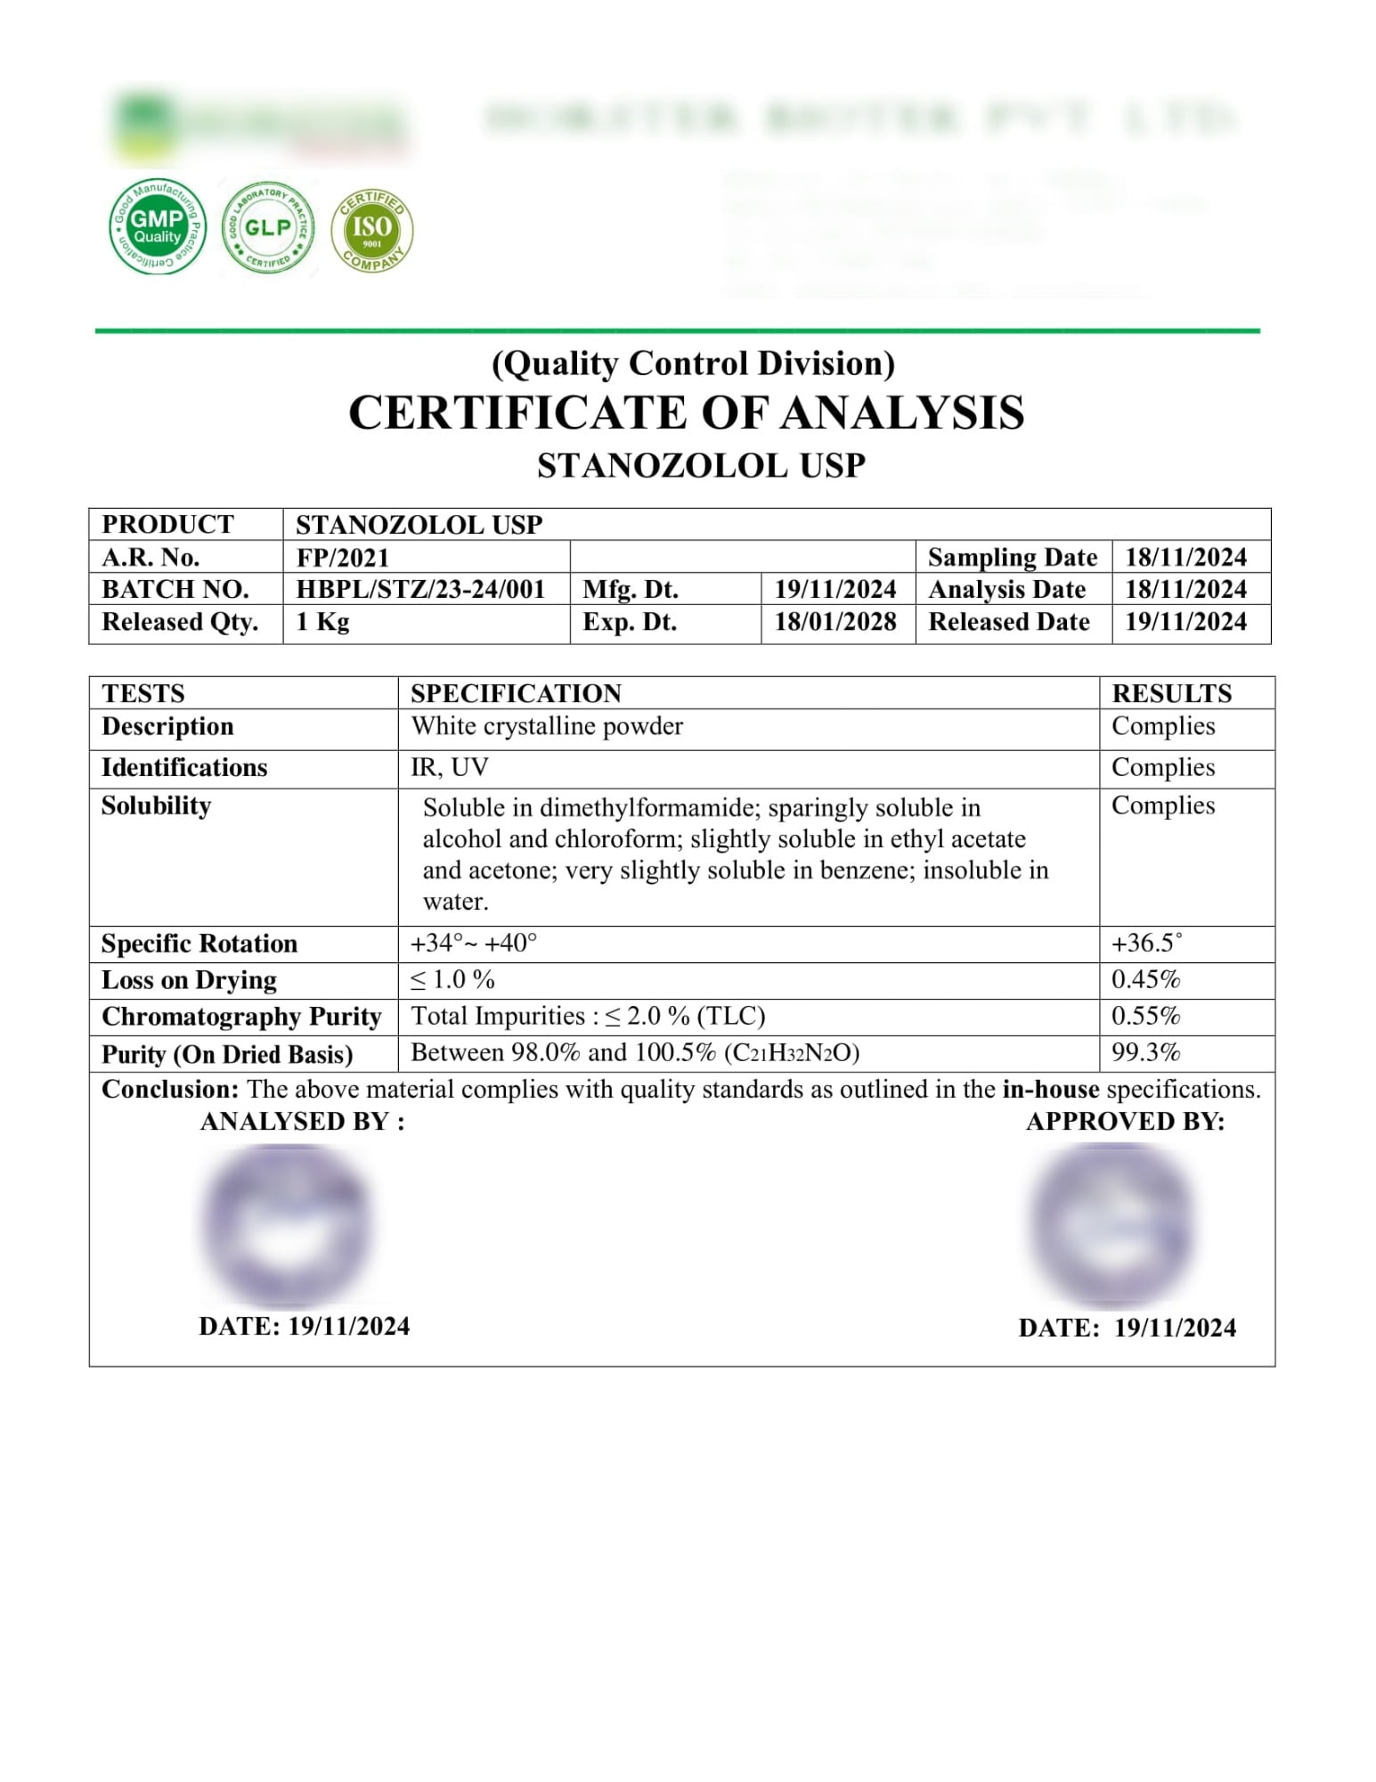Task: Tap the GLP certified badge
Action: tap(268, 227)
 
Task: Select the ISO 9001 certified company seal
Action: tap(372, 230)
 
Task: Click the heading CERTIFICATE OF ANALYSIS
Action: tap(686, 413)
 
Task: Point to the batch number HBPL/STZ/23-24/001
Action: tap(420, 590)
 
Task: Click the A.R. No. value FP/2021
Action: tap(343, 558)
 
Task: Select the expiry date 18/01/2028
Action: tap(835, 622)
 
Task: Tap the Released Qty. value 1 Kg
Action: tap(322, 622)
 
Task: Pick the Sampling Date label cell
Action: tap(1013, 558)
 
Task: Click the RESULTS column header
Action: tap(1171, 693)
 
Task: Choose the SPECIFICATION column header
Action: tap(516, 693)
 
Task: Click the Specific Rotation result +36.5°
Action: tap(1147, 943)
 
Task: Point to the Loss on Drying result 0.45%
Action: tap(1145, 979)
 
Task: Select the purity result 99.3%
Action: tap(1145, 1052)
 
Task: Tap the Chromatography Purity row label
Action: tap(241, 1017)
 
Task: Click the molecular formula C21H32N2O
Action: tap(792, 1053)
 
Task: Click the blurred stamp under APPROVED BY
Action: tap(1111, 1225)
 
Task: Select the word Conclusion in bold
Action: tap(169, 1089)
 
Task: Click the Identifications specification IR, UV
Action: tap(450, 767)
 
